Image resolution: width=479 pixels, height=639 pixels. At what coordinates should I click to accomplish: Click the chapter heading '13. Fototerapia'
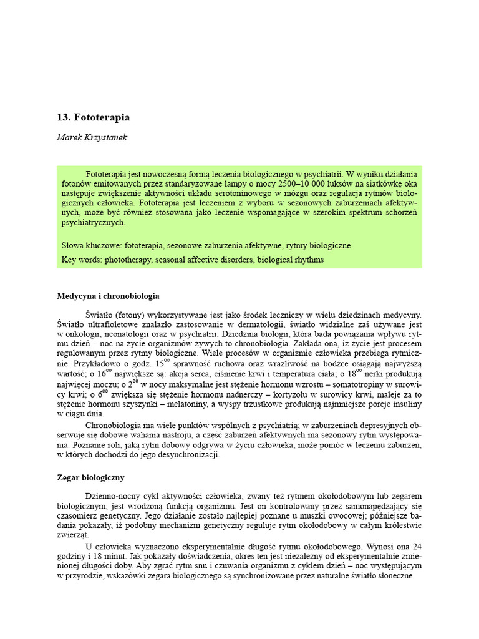pos(94,117)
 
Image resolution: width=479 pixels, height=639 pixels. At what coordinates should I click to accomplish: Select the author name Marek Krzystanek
pos(92,137)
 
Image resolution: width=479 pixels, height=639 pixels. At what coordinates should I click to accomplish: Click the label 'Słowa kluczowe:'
pos(91,246)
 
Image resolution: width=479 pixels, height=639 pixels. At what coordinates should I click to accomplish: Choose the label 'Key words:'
pos(82,260)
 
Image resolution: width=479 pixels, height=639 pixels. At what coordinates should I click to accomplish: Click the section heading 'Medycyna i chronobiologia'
pos(108,296)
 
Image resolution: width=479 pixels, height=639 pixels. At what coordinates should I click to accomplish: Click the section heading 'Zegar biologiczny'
pos(90,478)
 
